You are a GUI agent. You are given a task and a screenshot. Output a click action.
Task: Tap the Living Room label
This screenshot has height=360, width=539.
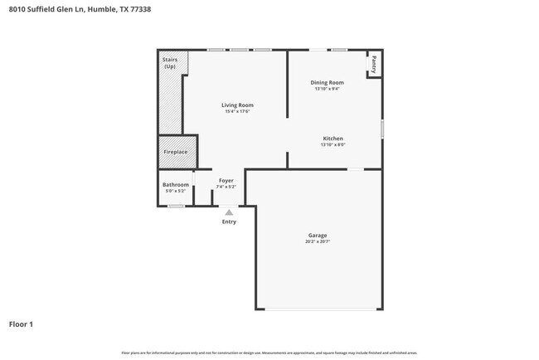pyautogui.click(x=236, y=105)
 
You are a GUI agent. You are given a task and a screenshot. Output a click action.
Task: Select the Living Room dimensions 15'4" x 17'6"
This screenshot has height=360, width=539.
pyautogui.click(x=236, y=112)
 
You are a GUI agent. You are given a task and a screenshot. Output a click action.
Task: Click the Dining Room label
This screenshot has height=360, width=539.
pyautogui.click(x=327, y=82)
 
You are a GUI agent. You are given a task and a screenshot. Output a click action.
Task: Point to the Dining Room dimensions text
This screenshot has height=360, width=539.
pyautogui.click(x=327, y=89)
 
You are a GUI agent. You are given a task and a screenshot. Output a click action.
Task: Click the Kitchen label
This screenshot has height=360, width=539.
pyautogui.click(x=333, y=139)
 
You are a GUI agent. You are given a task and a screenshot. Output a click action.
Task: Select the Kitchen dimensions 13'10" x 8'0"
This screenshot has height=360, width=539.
pyautogui.click(x=333, y=145)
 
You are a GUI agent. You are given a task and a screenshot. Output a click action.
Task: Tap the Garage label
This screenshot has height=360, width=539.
pyautogui.click(x=318, y=236)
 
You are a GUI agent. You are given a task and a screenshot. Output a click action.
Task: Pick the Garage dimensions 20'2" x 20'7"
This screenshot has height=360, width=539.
pyautogui.click(x=318, y=242)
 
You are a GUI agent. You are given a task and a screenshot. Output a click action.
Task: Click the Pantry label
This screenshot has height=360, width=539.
pyautogui.click(x=374, y=64)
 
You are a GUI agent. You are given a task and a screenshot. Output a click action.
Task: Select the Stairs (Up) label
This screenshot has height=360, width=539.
pyautogui.click(x=169, y=63)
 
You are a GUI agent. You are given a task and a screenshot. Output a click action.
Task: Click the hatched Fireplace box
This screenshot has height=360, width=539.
pyautogui.click(x=175, y=152)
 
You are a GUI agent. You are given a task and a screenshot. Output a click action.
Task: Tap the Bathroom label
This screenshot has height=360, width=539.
pyautogui.click(x=175, y=184)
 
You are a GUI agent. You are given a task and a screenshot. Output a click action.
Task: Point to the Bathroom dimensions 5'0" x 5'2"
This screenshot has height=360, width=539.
pyautogui.click(x=175, y=191)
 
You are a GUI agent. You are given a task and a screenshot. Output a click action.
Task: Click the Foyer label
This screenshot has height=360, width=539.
pyautogui.click(x=226, y=180)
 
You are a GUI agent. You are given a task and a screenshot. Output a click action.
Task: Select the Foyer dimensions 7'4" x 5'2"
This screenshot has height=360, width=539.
pyautogui.click(x=226, y=187)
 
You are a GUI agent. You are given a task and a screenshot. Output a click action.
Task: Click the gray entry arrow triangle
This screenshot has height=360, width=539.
pyautogui.click(x=229, y=212)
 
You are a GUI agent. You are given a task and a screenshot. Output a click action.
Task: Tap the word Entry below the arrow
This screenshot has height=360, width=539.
pyautogui.click(x=229, y=221)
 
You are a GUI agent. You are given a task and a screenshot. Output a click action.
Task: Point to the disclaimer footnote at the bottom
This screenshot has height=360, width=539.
pyautogui.click(x=269, y=353)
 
